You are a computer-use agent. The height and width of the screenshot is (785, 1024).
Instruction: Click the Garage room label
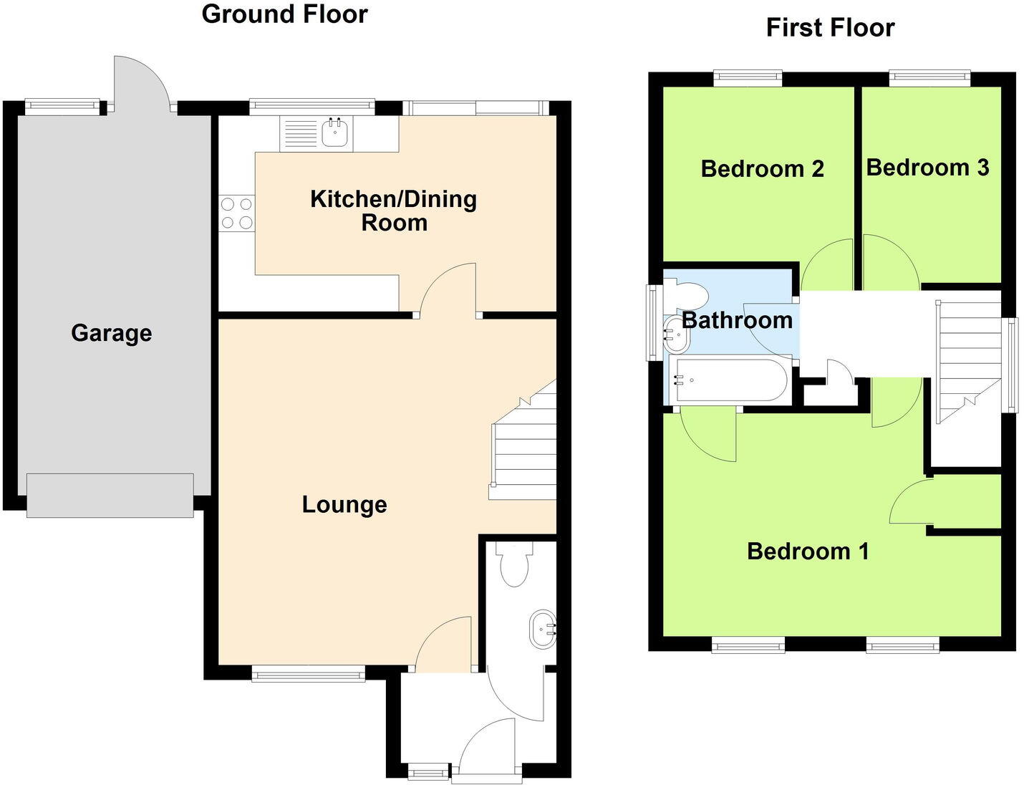[111, 333]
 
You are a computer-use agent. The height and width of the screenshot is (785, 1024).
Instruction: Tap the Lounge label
[344, 504]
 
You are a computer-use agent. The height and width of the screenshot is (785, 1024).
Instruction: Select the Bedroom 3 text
[927, 168]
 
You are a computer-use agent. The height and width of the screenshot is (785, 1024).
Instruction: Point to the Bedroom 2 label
[762, 169]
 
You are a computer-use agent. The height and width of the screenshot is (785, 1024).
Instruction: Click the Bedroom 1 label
[808, 551]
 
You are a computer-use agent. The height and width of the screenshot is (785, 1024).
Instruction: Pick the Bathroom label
[737, 319]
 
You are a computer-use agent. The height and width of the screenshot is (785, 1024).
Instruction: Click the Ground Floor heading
[284, 14]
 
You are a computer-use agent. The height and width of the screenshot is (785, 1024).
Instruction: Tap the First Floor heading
[830, 28]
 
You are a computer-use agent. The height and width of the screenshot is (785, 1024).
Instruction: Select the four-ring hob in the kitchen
[237, 213]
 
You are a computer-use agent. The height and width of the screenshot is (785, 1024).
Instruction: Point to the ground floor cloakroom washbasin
[542, 630]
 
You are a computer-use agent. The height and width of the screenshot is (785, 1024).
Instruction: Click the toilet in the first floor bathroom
[688, 294]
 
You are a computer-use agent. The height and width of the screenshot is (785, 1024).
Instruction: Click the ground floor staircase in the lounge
[525, 444]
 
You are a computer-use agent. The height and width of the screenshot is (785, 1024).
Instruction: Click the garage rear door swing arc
[141, 82]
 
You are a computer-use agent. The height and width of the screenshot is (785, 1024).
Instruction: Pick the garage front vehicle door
[110, 495]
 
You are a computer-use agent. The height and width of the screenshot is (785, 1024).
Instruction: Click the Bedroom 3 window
[929, 77]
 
